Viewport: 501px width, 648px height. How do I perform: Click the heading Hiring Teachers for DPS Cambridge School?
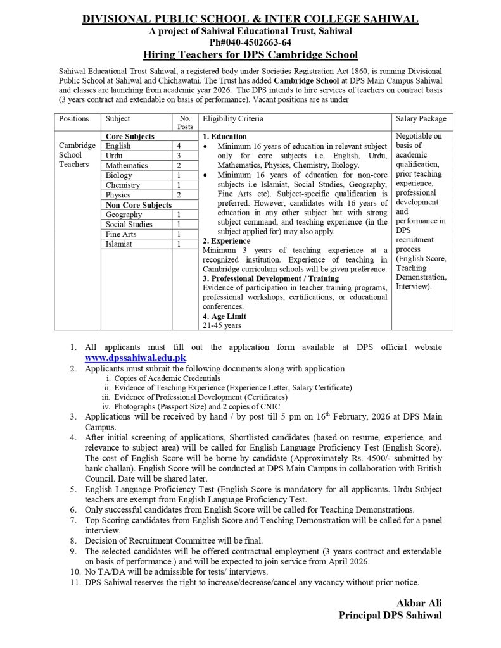coord(250,55)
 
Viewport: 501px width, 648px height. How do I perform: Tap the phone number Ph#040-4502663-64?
coord(250,42)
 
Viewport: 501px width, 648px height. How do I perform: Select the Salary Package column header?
coord(421,119)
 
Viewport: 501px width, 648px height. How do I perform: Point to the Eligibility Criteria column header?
coord(232,119)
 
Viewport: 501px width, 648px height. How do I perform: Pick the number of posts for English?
coord(180,146)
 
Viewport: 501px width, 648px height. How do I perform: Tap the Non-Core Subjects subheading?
coord(138,205)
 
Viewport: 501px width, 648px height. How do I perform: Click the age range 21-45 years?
coord(222,325)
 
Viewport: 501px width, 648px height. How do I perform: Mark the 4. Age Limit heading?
coord(224,316)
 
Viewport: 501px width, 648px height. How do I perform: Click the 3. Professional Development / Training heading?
coord(270,278)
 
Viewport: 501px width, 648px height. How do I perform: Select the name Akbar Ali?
coord(419,601)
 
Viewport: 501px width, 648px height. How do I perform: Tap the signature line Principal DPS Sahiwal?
coord(390,615)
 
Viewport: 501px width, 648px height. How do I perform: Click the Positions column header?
coord(74,119)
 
